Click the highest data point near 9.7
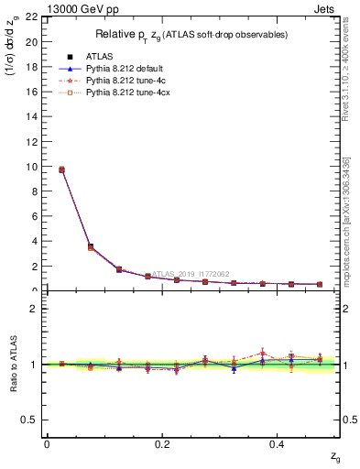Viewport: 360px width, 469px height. pos(61,169)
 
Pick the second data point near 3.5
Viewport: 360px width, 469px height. pos(90,246)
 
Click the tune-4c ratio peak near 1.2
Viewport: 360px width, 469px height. pos(263,353)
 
